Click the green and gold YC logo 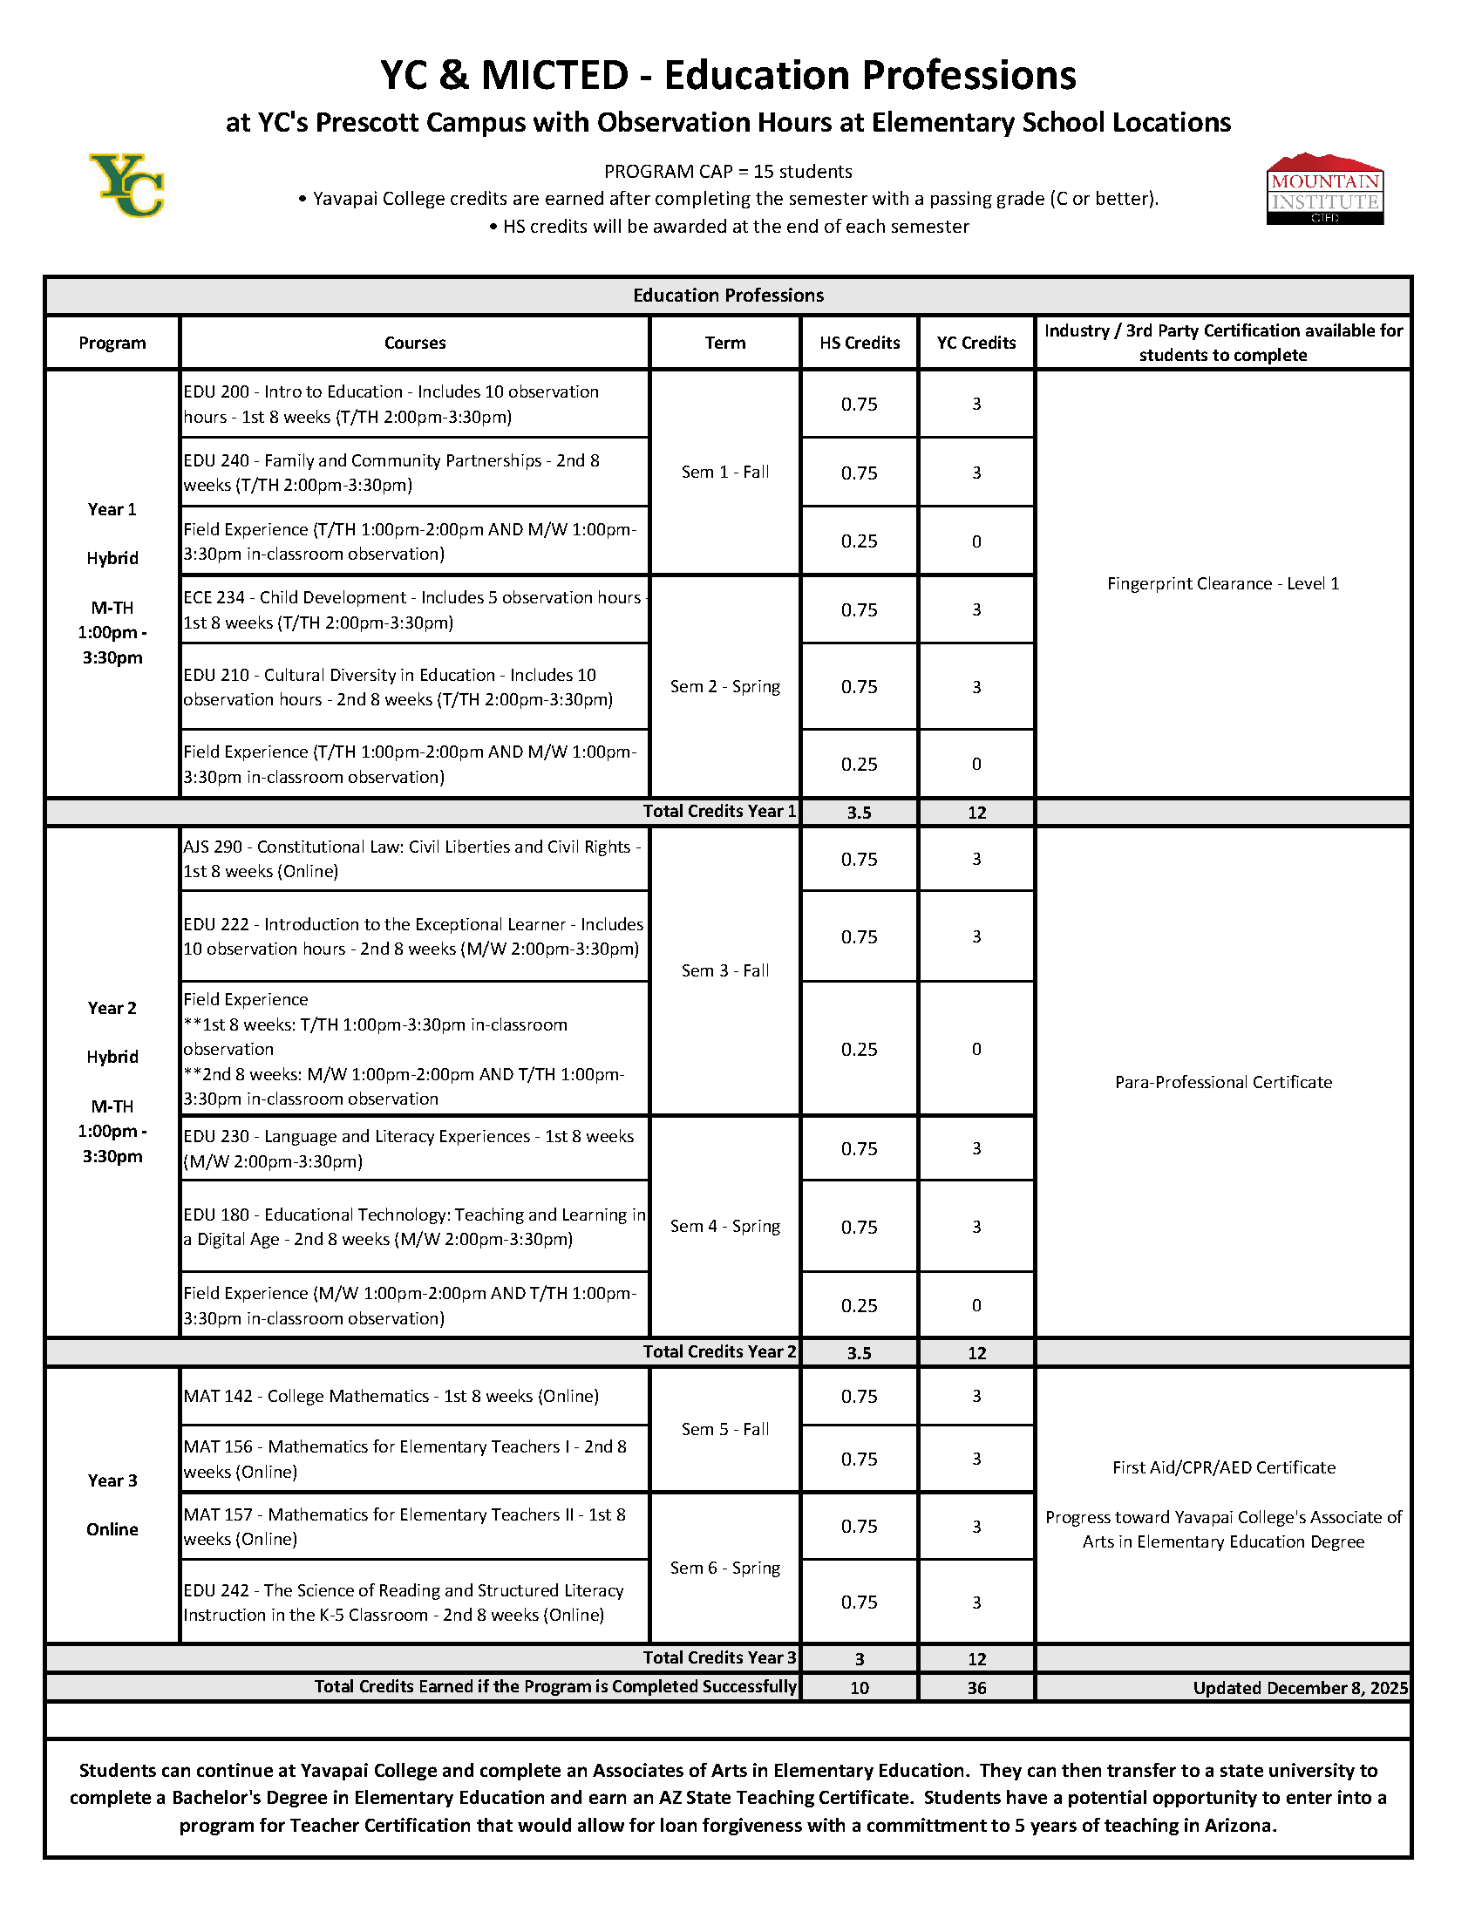pos(127,186)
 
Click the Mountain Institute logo pos(1324,190)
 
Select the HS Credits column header pos(860,343)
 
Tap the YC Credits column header pos(976,343)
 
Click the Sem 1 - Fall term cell pos(724,472)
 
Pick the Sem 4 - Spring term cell pos(724,1226)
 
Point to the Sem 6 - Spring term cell pos(724,1568)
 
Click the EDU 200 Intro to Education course pos(391,405)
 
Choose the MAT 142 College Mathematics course pos(391,1396)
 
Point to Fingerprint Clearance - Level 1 pos(1223,583)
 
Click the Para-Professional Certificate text pos(1223,1082)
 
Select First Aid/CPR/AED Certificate pos(1223,1467)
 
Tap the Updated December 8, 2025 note pos(1299,1688)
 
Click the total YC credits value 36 pos(976,1688)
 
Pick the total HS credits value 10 pos(860,1688)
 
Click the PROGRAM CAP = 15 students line pos(727,172)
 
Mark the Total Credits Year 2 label pos(718,1351)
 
